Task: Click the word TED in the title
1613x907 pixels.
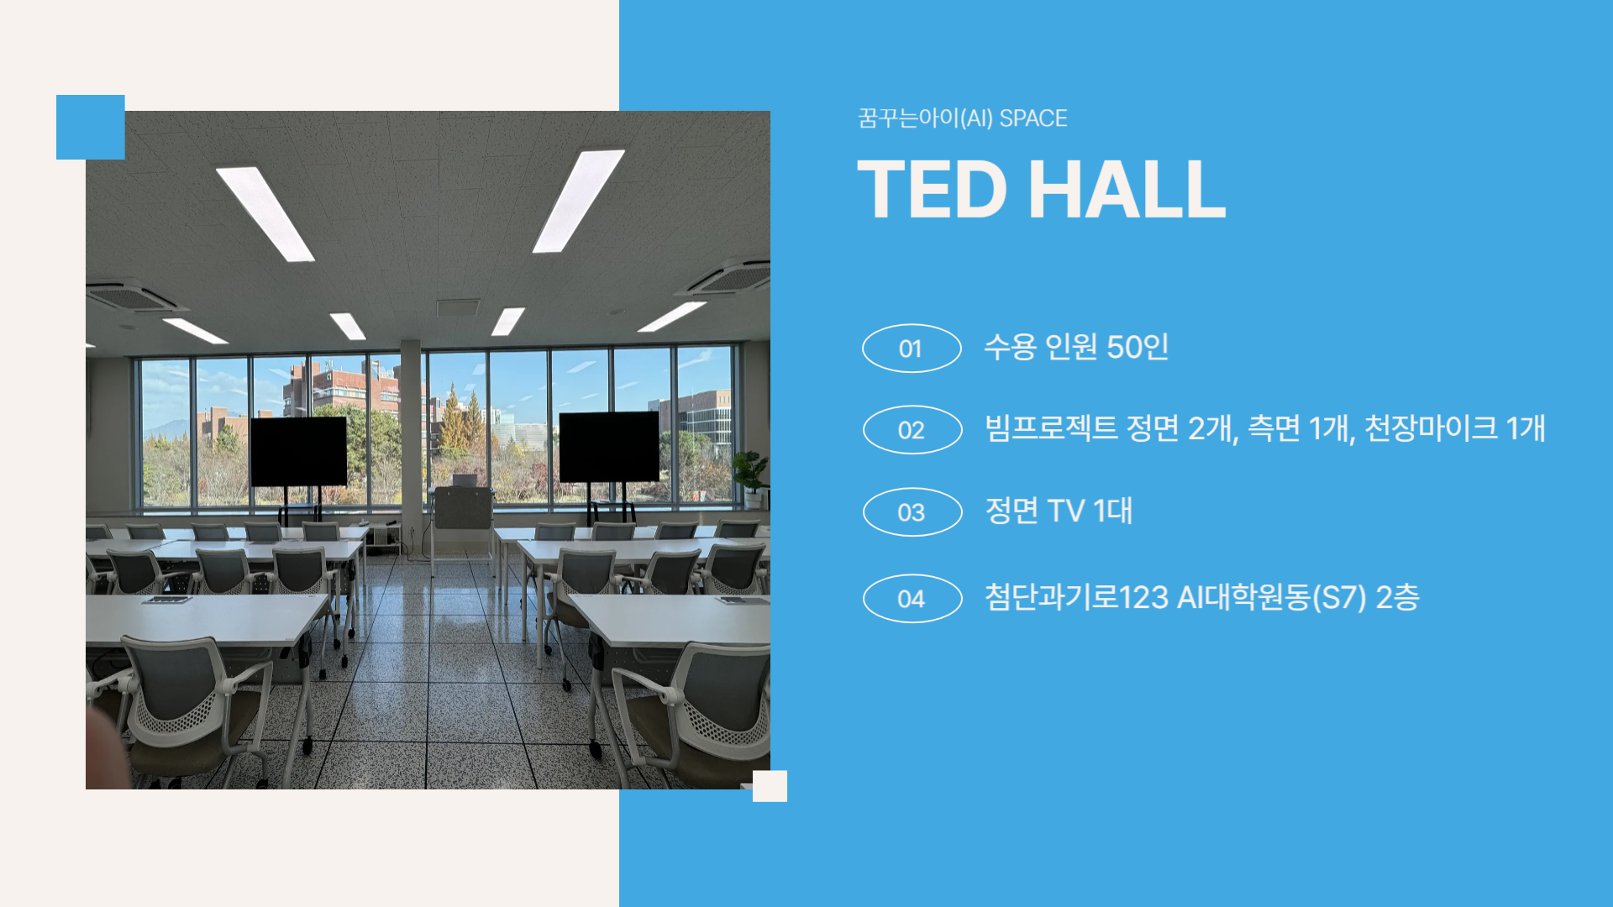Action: pos(932,190)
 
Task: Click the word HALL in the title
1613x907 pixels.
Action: pos(1127,190)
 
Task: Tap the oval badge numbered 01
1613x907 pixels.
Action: pos(912,348)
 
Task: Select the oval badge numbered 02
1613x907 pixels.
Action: pos(912,430)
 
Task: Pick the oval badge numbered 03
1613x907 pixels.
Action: pos(912,512)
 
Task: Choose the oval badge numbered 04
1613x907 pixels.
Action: pos(912,599)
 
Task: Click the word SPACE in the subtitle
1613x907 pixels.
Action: pos(1033,118)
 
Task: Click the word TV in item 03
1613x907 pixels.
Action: pos(1065,511)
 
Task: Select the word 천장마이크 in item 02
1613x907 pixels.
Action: pos(1431,428)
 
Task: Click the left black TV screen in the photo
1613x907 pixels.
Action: pos(298,452)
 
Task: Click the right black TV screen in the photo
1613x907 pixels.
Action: pos(609,447)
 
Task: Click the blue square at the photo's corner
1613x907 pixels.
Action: pos(91,127)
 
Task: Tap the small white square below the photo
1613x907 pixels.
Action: pos(770,786)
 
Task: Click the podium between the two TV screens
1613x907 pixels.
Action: pos(461,508)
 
